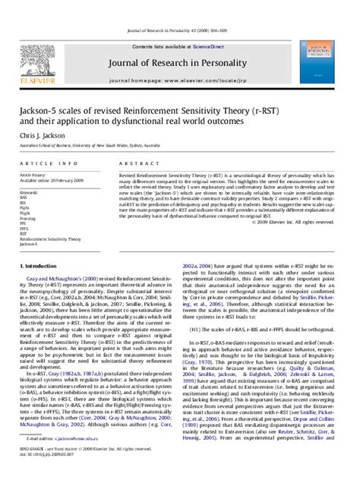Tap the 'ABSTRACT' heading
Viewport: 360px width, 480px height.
tap(134, 153)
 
